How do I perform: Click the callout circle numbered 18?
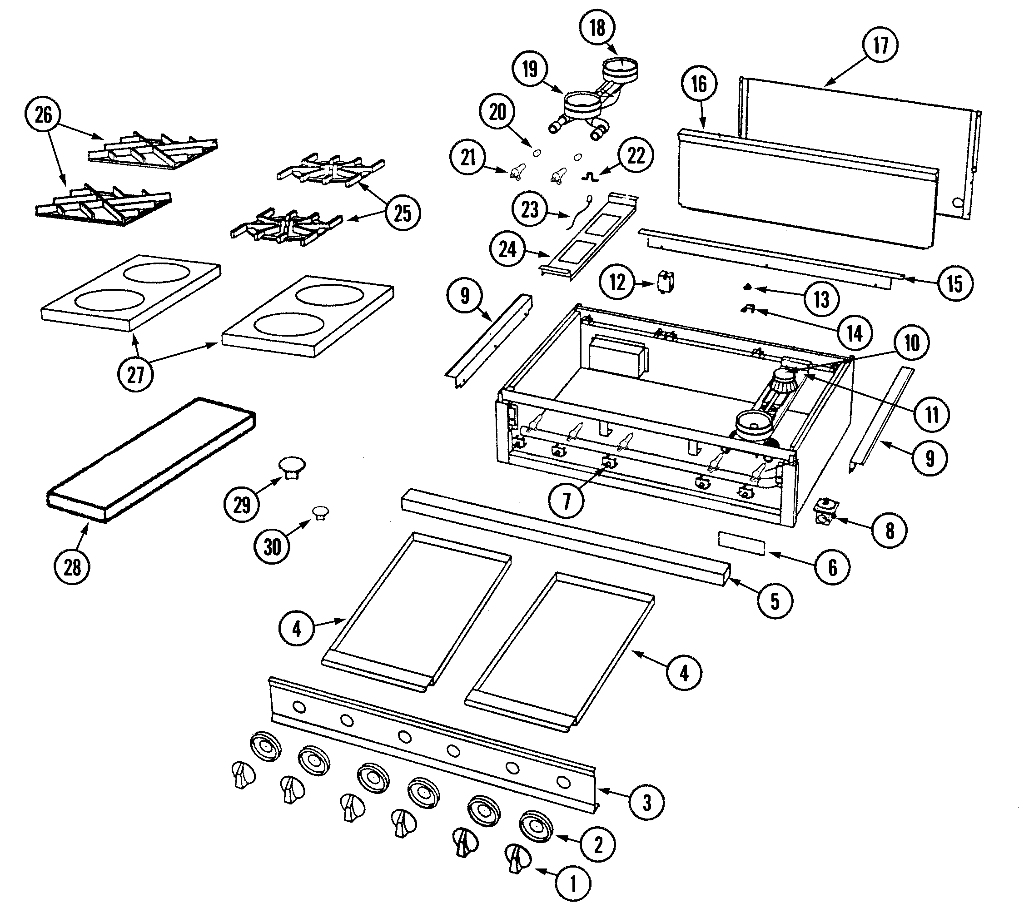click(597, 28)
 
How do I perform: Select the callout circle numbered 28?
click(72, 567)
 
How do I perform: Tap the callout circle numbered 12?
click(617, 283)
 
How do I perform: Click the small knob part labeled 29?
click(292, 466)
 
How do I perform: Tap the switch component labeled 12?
click(666, 281)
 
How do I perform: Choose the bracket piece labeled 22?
click(590, 178)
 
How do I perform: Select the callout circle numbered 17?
click(880, 45)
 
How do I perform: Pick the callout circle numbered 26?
click(43, 115)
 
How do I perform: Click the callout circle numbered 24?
click(508, 249)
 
